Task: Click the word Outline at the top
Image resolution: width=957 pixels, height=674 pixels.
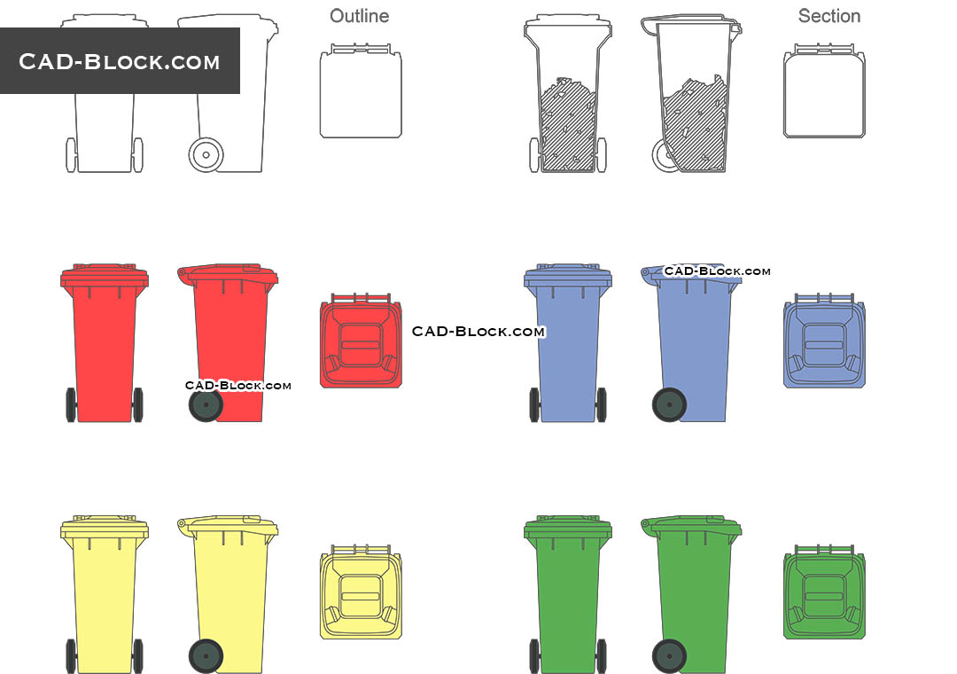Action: [x=359, y=16]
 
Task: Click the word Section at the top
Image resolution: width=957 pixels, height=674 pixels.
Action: [x=829, y=16]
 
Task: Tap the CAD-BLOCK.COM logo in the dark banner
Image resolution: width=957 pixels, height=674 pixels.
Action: [x=120, y=61]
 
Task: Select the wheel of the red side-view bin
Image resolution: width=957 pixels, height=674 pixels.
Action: [x=206, y=405]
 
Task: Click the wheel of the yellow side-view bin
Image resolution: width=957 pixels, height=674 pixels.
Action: [x=206, y=656]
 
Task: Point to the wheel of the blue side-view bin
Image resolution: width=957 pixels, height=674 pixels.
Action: [x=669, y=404]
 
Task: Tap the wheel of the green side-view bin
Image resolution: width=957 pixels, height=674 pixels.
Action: [x=669, y=656]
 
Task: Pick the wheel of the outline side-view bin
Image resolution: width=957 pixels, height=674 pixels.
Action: [x=206, y=154]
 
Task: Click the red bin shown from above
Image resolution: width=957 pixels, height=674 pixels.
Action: [x=361, y=341]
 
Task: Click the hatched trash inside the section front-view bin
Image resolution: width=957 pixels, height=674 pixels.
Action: [x=568, y=124]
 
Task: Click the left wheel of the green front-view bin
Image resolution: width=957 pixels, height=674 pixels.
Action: [x=534, y=655]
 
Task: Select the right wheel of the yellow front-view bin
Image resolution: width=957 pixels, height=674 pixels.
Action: [x=137, y=655]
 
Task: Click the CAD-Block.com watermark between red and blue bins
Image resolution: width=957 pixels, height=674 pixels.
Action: [x=478, y=331]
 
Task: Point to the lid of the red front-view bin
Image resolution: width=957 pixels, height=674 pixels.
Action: [x=105, y=274]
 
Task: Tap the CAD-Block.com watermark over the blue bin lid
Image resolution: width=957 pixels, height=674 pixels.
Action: [x=717, y=270]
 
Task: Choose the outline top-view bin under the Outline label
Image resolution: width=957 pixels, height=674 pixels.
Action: [x=361, y=93]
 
